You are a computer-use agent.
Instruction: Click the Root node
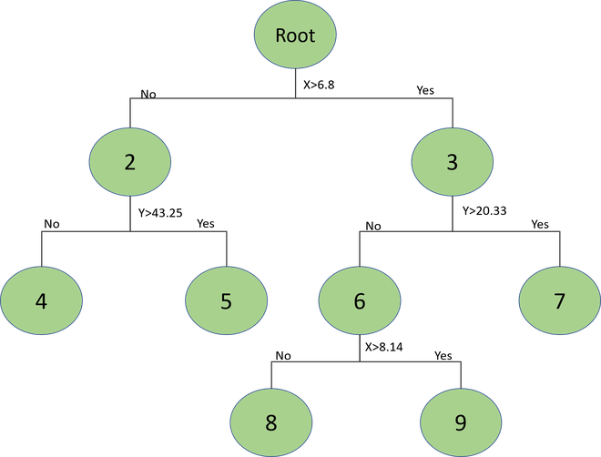click(x=295, y=35)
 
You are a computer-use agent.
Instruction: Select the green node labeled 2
click(x=130, y=162)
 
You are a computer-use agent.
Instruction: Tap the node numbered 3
click(x=453, y=162)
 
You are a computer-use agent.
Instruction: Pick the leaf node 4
click(x=41, y=300)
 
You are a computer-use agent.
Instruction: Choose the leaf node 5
click(x=226, y=300)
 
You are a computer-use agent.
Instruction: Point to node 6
click(x=360, y=300)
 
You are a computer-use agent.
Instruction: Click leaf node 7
click(x=560, y=300)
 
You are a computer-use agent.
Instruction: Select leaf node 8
click(x=271, y=422)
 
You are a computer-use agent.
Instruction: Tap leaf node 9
click(x=461, y=422)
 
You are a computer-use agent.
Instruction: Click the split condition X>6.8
click(x=319, y=85)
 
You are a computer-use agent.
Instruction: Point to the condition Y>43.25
click(x=160, y=213)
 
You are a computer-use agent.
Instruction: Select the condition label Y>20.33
click(x=484, y=210)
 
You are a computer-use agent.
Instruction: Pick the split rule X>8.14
click(x=383, y=347)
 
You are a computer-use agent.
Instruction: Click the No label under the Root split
click(x=148, y=94)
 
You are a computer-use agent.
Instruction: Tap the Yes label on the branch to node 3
click(x=425, y=90)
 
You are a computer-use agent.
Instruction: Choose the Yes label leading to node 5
click(x=206, y=223)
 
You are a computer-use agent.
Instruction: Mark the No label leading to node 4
click(x=52, y=224)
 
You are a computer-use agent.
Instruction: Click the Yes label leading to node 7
click(x=540, y=224)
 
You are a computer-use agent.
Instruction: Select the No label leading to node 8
click(x=283, y=356)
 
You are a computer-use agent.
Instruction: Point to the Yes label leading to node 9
click(x=443, y=355)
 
